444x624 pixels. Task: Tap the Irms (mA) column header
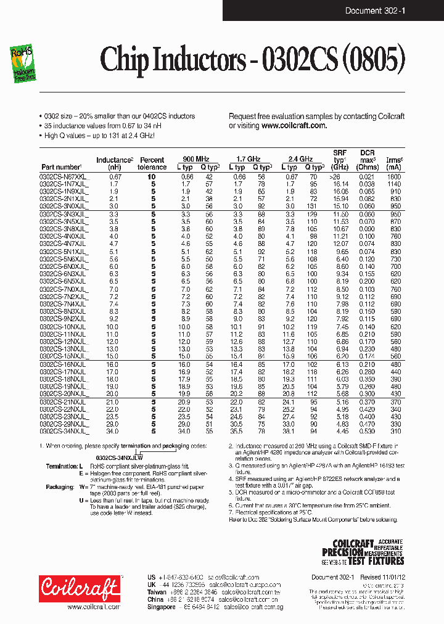(394, 163)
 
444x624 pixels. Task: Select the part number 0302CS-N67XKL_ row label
(64, 177)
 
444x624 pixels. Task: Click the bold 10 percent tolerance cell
(152, 177)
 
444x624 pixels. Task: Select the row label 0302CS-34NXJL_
(64, 432)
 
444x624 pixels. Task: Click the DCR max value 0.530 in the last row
(367, 432)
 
